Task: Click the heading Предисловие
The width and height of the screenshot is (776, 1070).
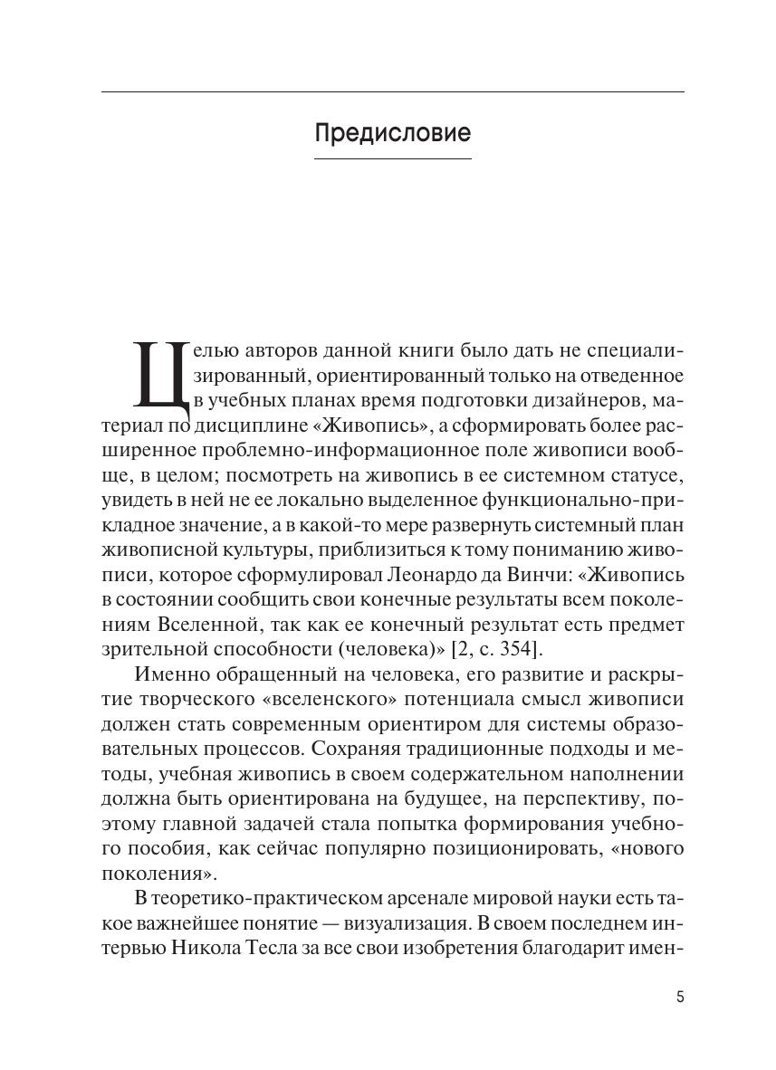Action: coord(393,134)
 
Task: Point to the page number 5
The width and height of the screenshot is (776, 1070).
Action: coord(680,998)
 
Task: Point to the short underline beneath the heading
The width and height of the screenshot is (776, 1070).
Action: coord(393,159)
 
